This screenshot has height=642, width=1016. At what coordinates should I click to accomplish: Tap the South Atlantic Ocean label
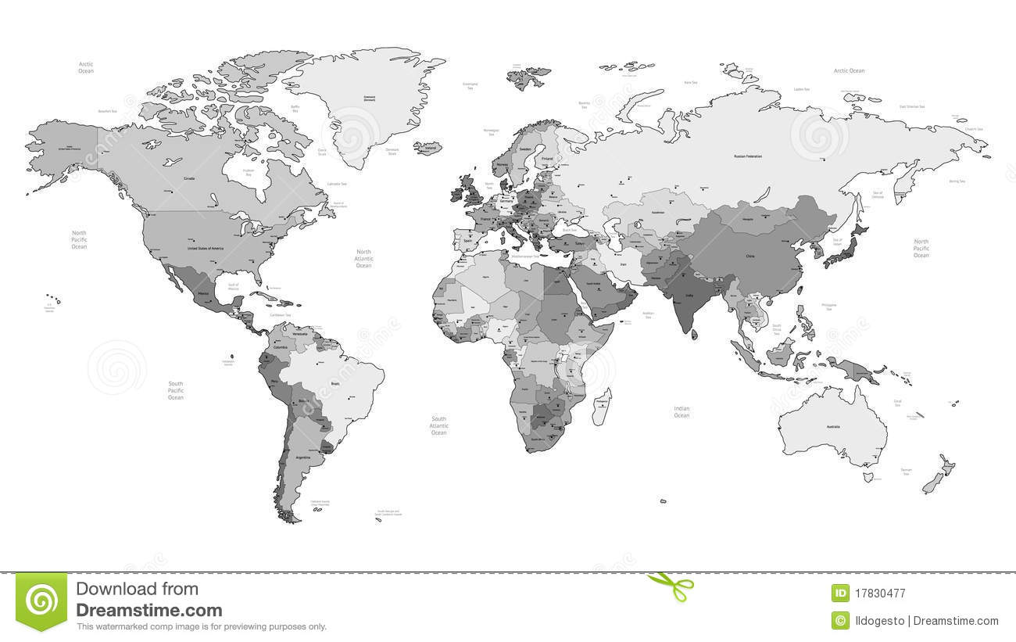click(438, 425)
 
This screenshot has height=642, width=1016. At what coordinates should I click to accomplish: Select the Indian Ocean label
click(682, 411)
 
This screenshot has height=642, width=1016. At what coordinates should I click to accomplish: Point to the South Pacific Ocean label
click(176, 390)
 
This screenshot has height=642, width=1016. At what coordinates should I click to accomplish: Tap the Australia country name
click(833, 426)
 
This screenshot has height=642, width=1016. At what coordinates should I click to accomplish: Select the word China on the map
click(750, 256)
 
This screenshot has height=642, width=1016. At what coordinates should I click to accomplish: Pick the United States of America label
click(206, 248)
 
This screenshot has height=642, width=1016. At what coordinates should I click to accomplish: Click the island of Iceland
click(429, 146)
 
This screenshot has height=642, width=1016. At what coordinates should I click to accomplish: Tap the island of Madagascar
click(601, 406)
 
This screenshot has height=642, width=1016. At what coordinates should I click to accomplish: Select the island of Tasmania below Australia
click(868, 476)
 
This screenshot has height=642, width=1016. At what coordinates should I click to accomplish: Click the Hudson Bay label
click(249, 172)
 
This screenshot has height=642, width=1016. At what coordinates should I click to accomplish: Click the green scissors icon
click(670, 586)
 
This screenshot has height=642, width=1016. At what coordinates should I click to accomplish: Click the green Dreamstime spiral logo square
click(41, 602)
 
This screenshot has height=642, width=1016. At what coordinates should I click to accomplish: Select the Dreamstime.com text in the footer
click(148, 611)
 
